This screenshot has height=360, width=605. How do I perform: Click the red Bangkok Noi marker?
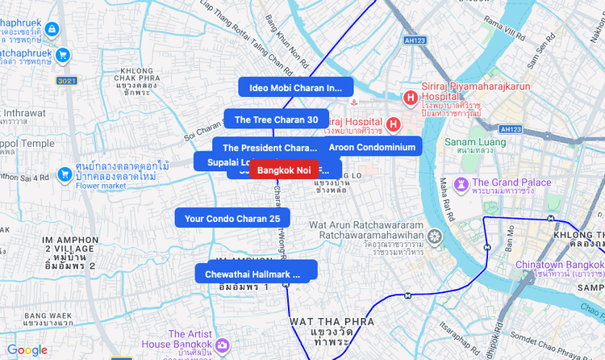tap(284, 170)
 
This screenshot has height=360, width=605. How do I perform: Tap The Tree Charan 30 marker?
tap(276, 119)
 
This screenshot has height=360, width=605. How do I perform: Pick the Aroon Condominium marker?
tap(372, 147)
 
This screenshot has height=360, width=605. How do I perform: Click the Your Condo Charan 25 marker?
tap(232, 218)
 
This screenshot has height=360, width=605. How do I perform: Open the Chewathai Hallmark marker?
tap(252, 274)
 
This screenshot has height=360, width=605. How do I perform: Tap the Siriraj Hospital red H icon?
tap(393, 124)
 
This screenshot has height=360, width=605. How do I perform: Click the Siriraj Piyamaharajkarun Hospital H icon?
tap(411, 98)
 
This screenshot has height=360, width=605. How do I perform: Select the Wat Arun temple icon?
tap(436, 237)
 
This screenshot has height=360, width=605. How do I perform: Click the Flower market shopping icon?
tap(66, 174)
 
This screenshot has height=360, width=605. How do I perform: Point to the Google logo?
tap(27, 350)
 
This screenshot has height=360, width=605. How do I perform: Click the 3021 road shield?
tap(66, 81)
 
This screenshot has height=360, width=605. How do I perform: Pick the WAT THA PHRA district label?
tap(321, 322)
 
